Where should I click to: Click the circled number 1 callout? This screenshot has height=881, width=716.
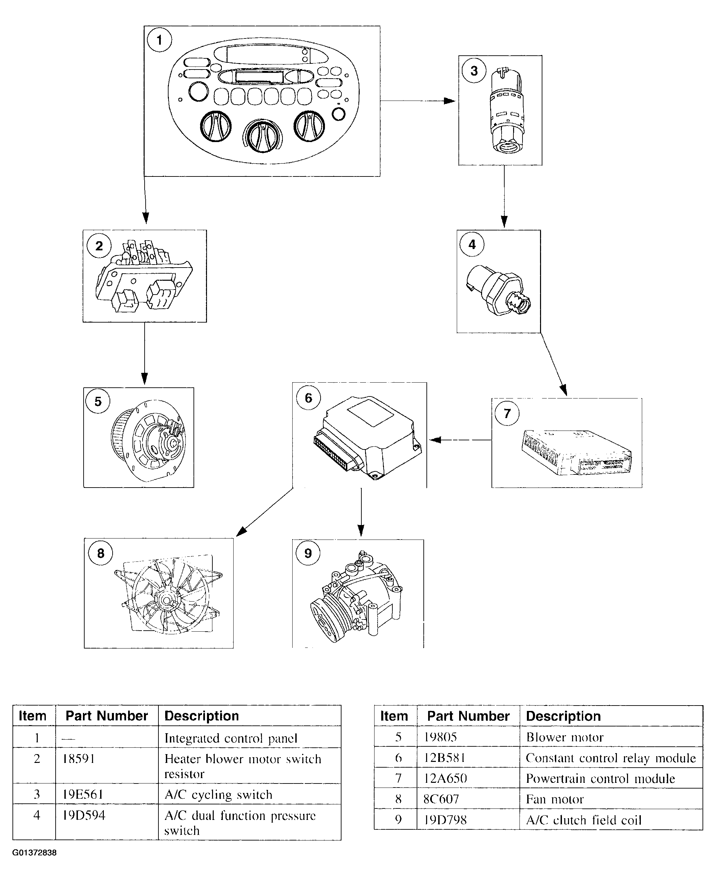pyautogui.click(x=159, y=40)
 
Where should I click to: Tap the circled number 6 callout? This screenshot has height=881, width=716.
pyautogui.click(x=308, y=397)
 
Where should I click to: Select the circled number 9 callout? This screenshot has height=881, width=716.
pyautogui.click(x=308, y=553)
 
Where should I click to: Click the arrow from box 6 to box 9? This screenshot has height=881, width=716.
pyautogui.click(x=361, y=512)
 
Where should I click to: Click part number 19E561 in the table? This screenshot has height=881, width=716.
pyautogui.click(x=83, y=794)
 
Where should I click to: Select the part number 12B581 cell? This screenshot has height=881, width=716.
pyautogui.click(x=445, y=758)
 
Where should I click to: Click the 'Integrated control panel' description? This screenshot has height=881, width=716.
pyautogui.click(x=231, y=738)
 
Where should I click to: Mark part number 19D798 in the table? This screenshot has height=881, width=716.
pyautogui.click(x=445, y=820)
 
